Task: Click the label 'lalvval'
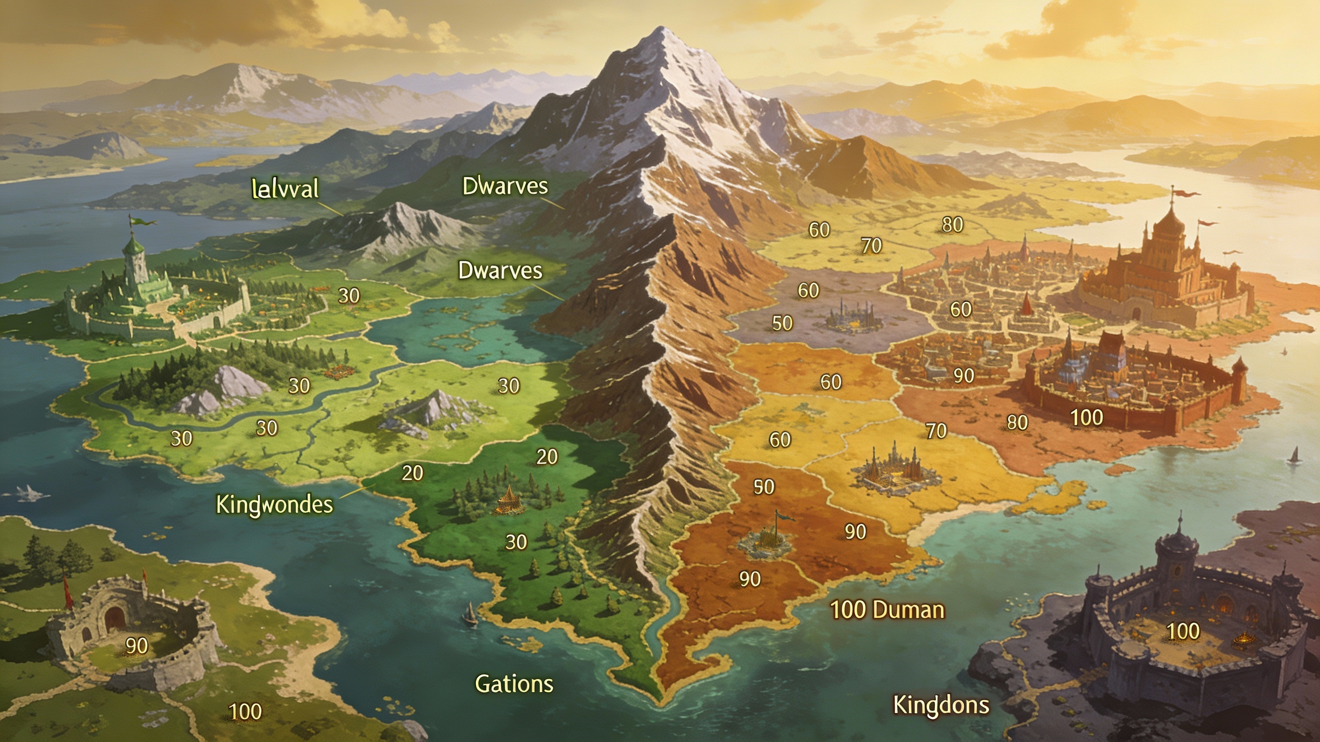coord(285,189)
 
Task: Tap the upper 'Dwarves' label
coord(505,186)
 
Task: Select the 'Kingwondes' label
coord(274,504)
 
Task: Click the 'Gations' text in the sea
coord(514,684)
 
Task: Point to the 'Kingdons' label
coord(940,705)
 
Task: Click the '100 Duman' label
coord(887,610)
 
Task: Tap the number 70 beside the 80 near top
coord(871,246)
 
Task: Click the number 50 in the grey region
coord(782,324)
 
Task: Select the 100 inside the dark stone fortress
coord(1183,632)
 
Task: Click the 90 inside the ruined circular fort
coord(137,646)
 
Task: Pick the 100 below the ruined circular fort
coord(245,712)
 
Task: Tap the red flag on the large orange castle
coord(1185,194)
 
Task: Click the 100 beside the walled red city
coord(1086,418)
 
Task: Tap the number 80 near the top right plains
coord(952,225)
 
